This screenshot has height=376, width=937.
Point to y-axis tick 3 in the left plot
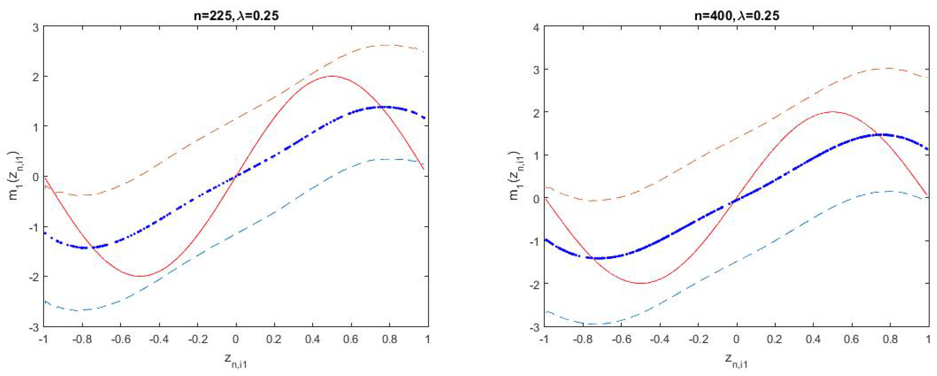coord(35,27)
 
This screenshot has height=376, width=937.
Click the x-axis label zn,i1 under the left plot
coord(236,360)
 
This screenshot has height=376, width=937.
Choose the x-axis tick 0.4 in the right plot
coord(813,340)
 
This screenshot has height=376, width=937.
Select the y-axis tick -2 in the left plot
coord(34,276)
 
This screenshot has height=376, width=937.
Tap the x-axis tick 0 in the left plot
coord(236,340)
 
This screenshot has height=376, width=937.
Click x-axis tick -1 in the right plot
coord(544,340)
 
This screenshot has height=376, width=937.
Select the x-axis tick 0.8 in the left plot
coord(389,340)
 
